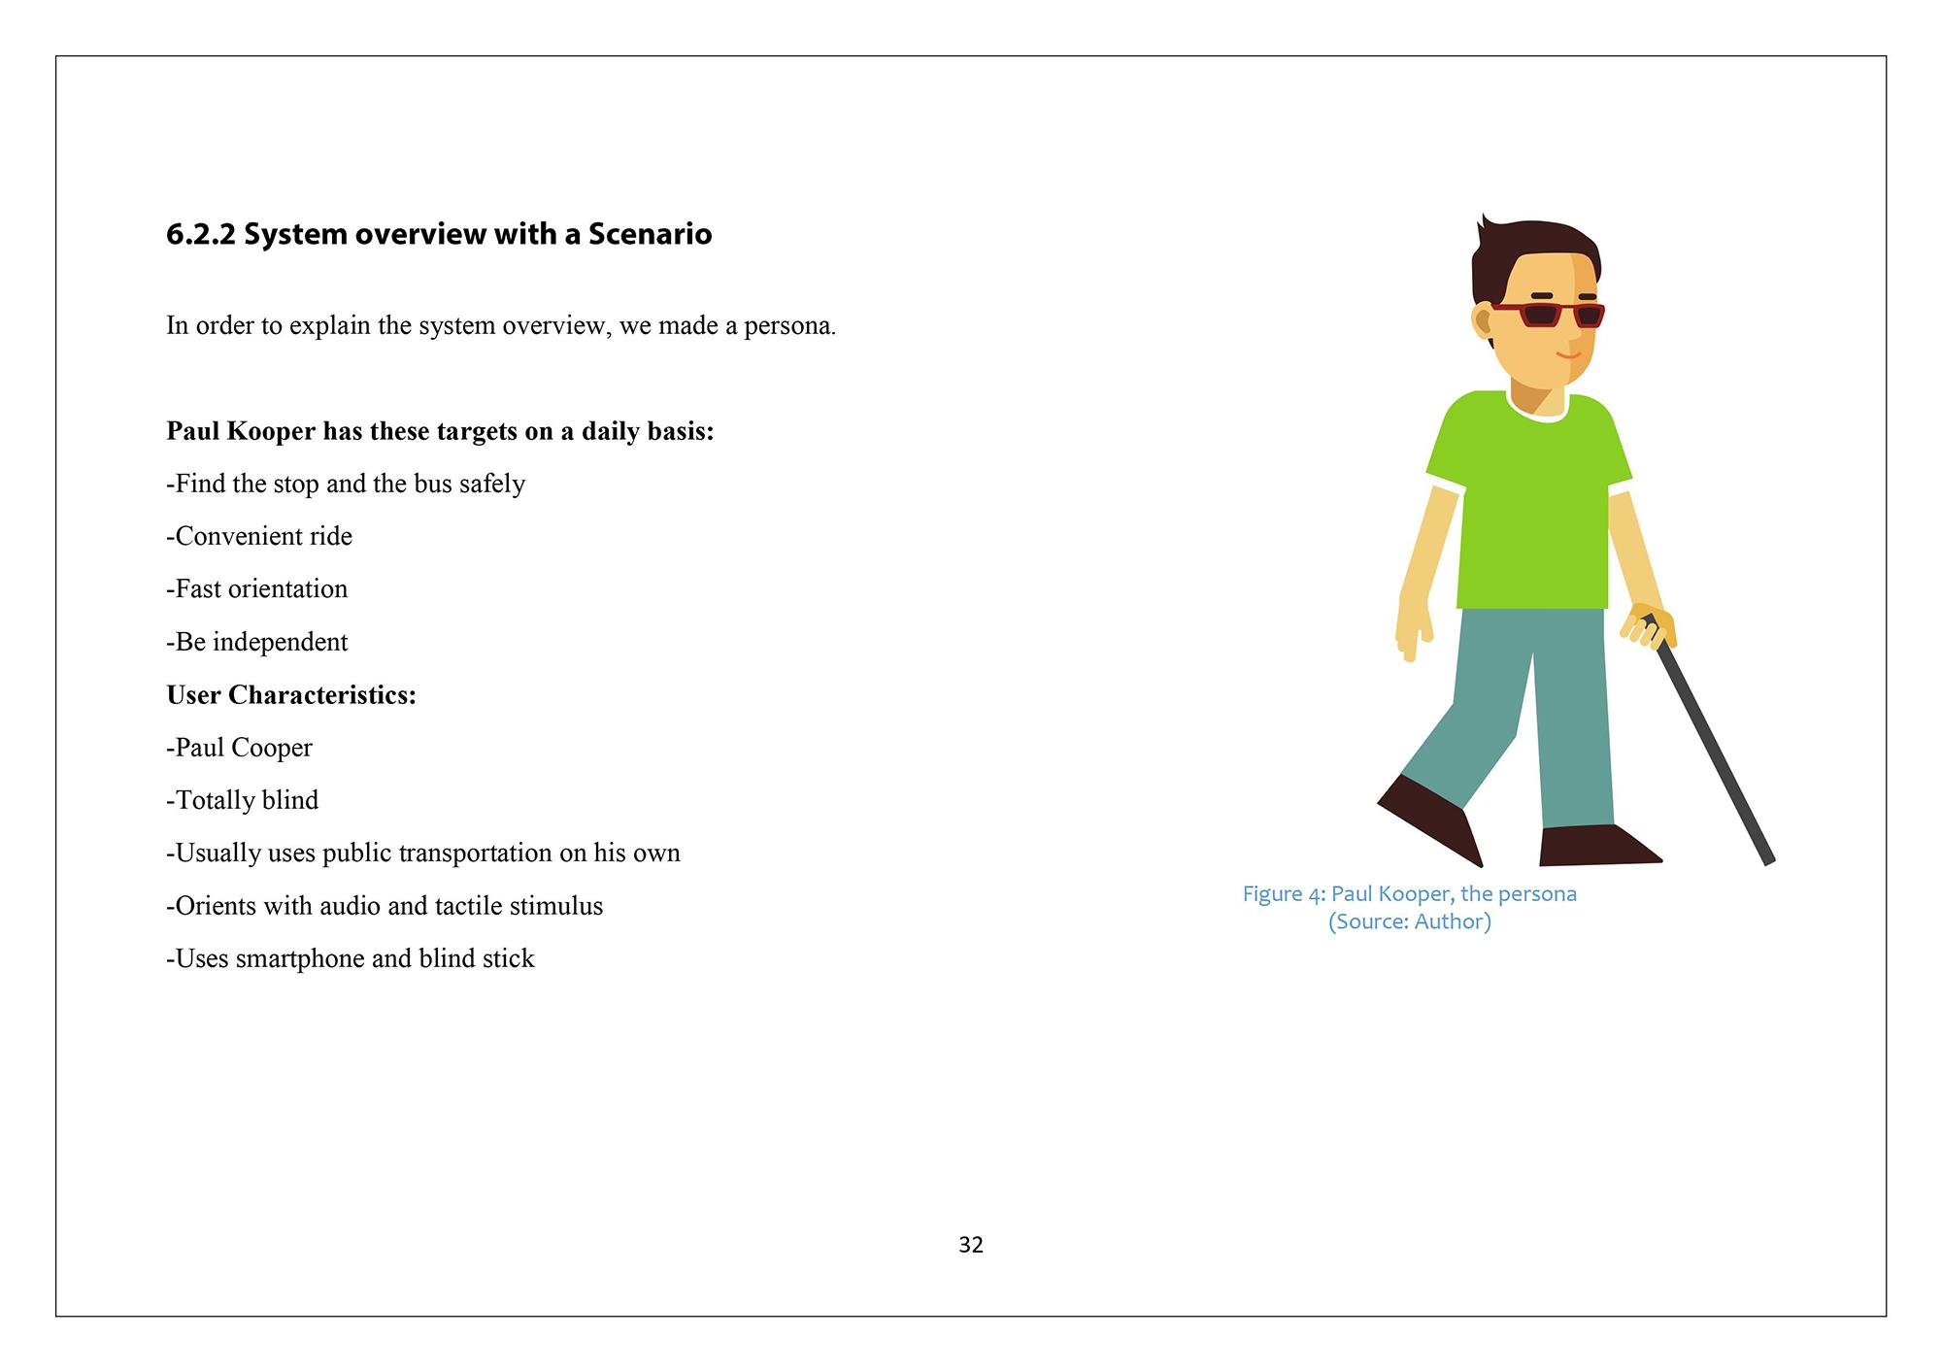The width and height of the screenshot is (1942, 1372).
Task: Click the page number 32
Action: tap(971, 1245)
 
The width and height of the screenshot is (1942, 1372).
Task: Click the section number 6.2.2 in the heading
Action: tap(201, 234)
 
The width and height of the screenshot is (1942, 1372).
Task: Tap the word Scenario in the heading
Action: tap(650, 234)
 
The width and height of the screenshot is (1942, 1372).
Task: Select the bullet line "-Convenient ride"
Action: tap(259, 536)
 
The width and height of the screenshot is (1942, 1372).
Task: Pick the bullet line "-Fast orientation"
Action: tap(257, 588)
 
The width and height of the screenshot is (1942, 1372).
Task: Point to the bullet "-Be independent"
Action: tap(257, 642)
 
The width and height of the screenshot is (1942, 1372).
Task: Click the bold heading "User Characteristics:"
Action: tap(291, 695)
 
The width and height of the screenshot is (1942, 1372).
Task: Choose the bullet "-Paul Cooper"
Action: tap(240, 748)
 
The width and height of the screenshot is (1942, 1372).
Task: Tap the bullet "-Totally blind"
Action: tap(243, 800)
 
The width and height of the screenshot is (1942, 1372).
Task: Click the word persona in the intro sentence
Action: tap(789, 325)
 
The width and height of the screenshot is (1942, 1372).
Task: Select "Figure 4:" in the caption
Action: tap(1284, 893)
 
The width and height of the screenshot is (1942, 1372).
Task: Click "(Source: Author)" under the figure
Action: tap(1410, 921)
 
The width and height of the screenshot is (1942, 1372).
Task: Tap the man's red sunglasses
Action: tap(1548, 316)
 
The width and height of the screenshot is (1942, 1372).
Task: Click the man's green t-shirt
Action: tap(1529, 505)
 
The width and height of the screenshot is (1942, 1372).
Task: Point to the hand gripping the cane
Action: tap(1649, 626)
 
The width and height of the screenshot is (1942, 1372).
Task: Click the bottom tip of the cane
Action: tap(1768, 860)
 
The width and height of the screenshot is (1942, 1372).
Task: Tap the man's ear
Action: tap(1483, 320)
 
